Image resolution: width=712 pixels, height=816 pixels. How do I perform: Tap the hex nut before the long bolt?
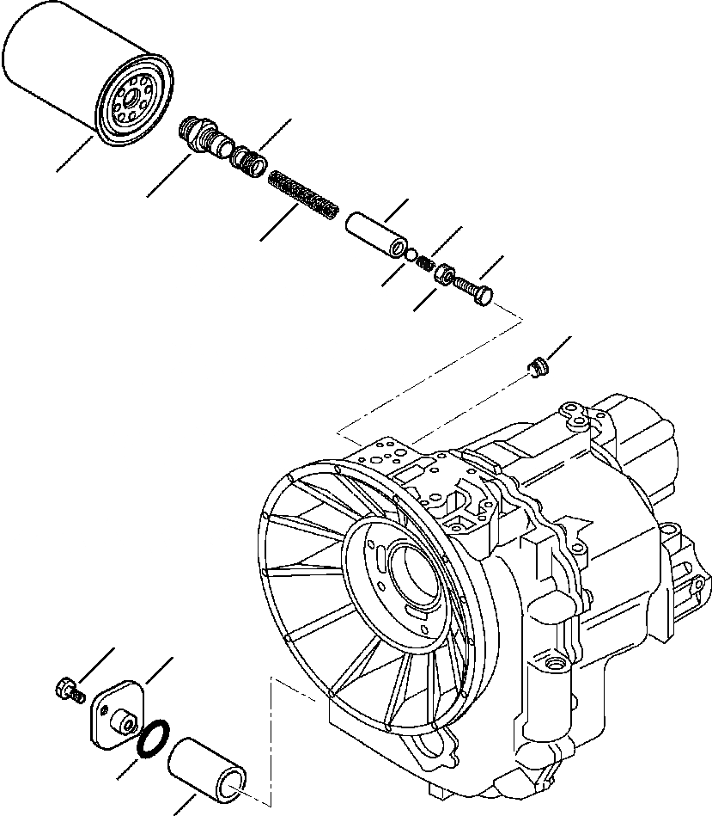pos(445,276)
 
